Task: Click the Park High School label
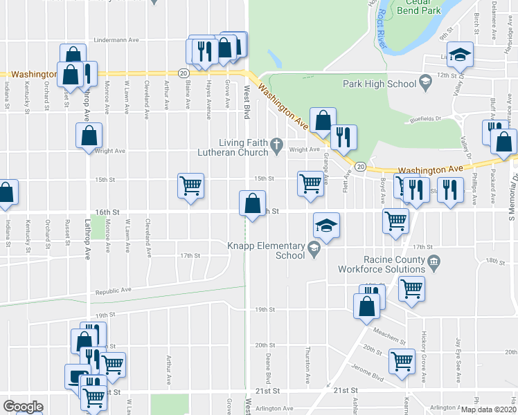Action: (379, 84)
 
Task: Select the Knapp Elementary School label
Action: (267, 250)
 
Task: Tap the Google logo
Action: (23, 407)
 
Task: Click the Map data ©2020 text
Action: (488, 409)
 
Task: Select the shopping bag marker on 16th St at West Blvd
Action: (252, 205)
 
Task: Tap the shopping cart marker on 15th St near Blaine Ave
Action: (190, 186)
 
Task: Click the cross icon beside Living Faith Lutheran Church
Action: (276, 145)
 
